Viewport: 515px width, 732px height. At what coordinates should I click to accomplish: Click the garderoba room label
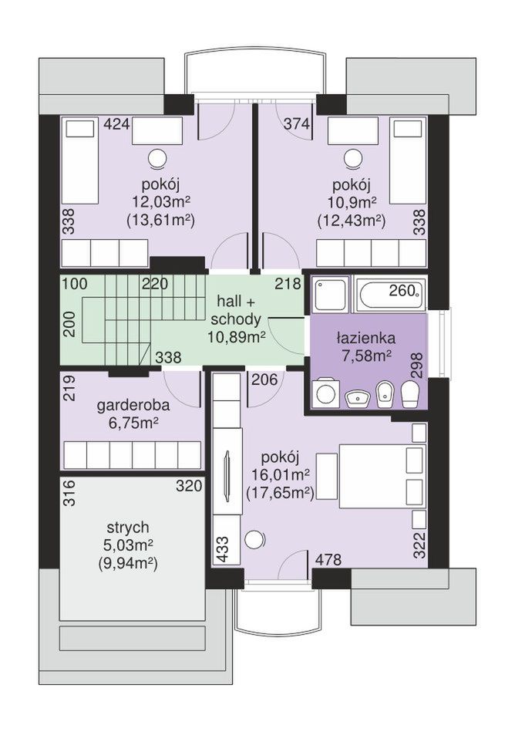(x=133, y=405)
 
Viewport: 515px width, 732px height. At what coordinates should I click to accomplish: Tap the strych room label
(x=128, y=528)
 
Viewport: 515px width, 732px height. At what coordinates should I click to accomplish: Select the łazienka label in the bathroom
(x=366, y=338)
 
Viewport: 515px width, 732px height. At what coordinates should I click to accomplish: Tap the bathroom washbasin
(x=358, y=399)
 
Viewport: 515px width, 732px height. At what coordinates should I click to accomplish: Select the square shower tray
(x=330, y=294)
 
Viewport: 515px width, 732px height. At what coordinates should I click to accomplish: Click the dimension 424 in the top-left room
(x=117, y=125)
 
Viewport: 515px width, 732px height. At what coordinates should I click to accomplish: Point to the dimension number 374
(x=297, y=125)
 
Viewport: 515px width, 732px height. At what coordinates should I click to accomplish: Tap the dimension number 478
(x=328, y=559)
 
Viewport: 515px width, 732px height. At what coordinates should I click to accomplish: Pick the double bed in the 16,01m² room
(x=382, y=476)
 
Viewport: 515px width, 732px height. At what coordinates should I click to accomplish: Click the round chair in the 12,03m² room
(x=158, y=158)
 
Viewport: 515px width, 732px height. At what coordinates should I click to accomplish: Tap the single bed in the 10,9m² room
(x=408, y=160)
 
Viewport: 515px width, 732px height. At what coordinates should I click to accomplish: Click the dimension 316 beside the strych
(x=69, y=493)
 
